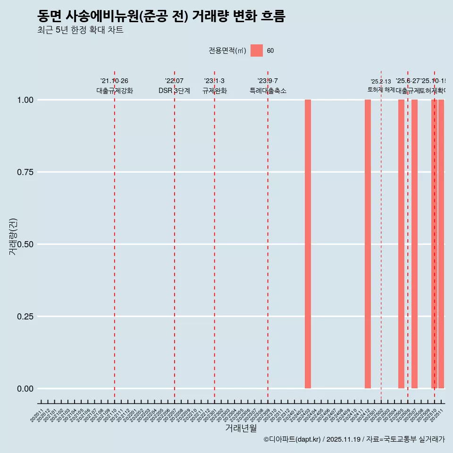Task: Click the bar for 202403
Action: [x=308, y=244]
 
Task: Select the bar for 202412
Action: [x=368, y=244]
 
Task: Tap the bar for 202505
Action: [x=401, y=244]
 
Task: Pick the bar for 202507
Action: [x=414, y=244]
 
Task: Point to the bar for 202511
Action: [x=441, y=244]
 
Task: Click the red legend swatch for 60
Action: [x=256, y=50]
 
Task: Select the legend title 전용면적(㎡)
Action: [x=227, y=51]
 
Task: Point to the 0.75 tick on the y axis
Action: [x=25, y=172]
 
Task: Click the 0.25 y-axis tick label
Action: [x=25, y=317]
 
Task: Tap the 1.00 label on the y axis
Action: [x=25, y=100]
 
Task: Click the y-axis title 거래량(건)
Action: [x=13, y=236]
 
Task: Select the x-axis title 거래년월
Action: [x=241, y=428]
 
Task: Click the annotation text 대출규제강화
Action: [x=115, y=91]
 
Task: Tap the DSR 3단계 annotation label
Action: [x=174, y=91]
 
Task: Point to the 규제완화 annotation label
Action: [x=215, y=91]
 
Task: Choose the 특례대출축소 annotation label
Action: [x=268, y=91]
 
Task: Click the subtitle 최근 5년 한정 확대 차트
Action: [x=80, y=30]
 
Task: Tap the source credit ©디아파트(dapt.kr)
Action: [x=292, y=439]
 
